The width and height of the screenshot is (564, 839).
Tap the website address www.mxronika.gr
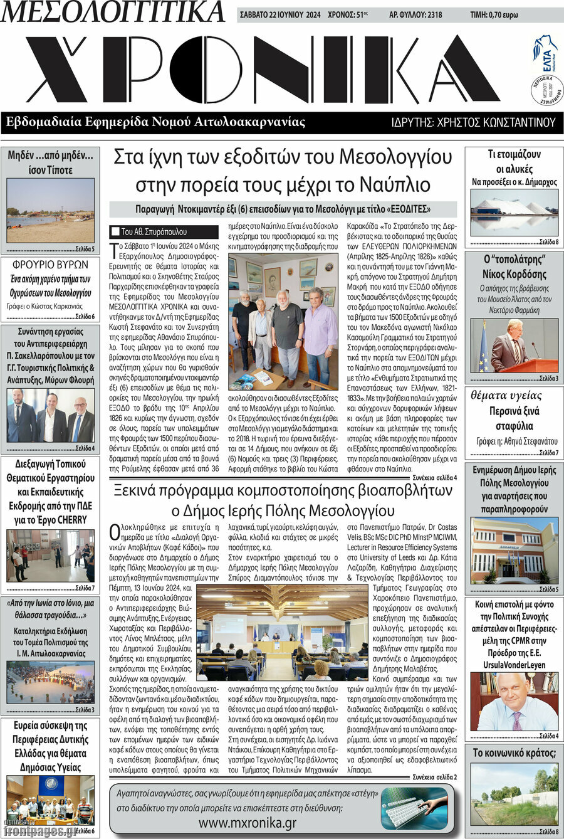[x=248, y=822]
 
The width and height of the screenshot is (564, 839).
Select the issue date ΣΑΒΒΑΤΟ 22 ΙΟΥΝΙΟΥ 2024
[x=279, y=15]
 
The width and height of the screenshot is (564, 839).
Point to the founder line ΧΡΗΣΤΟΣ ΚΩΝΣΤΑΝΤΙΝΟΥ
[x=473, y=122]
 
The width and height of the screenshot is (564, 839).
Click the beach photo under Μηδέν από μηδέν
[x=50, y=211]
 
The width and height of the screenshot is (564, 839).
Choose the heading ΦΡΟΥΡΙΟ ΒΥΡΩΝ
[x=50, y=265]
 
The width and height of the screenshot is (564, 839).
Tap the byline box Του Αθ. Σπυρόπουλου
[x=164, y=231]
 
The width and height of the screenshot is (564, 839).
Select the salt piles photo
[x=514, y=213]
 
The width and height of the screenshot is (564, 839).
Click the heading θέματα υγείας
[x=506, y=396]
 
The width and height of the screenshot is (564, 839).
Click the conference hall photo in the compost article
[x=281, y=632]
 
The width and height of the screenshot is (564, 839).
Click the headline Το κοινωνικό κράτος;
[x=514, y=752]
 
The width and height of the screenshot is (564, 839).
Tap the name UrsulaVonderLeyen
[x=514, y=664]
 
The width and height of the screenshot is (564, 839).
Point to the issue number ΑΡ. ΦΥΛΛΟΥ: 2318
[x=415, y=15]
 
